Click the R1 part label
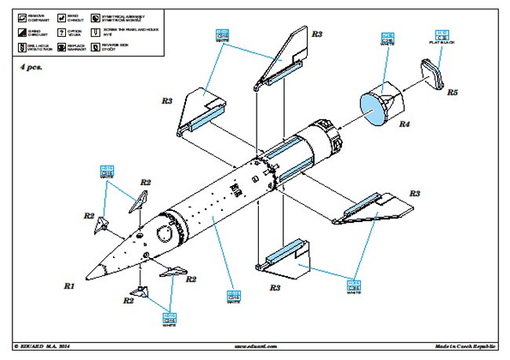tap(69, 287)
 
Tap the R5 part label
tap(452, 92)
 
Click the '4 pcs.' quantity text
tap(34, 68)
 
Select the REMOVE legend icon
tap(21, 16)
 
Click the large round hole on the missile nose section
tap(166, 233)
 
